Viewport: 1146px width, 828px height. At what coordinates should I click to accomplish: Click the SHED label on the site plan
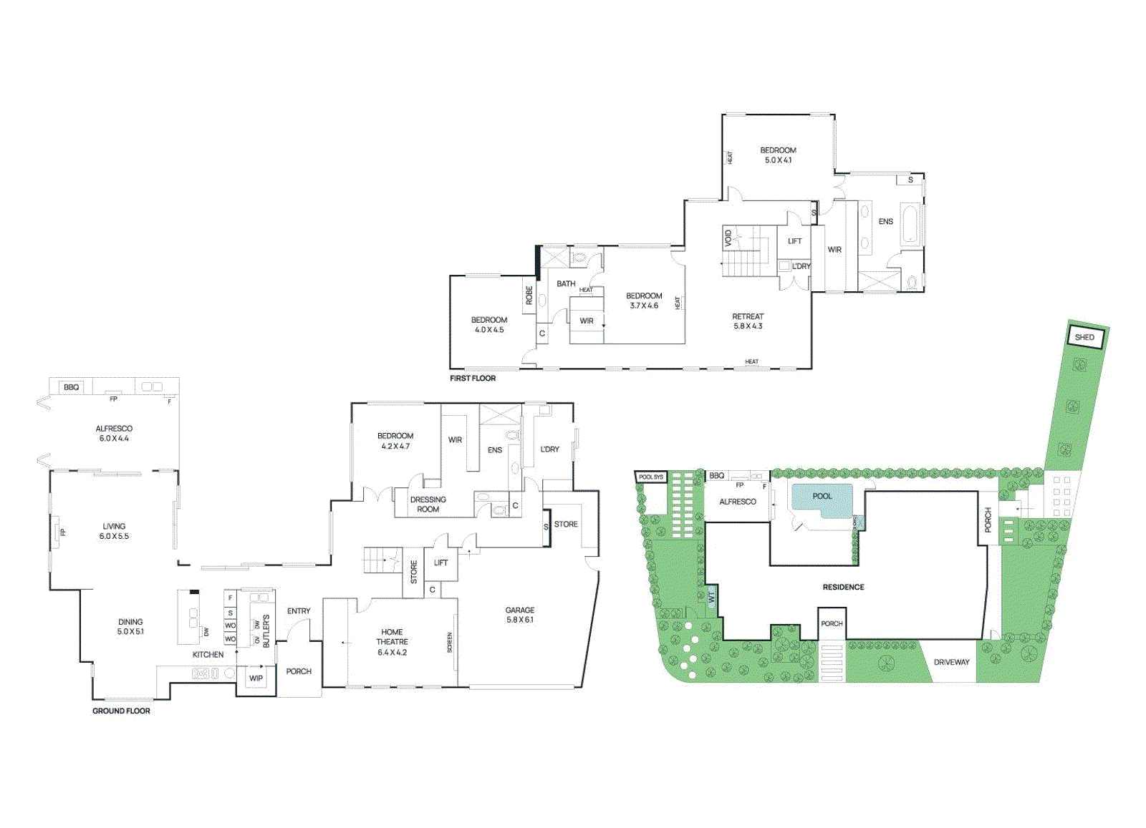tap(1084, 337)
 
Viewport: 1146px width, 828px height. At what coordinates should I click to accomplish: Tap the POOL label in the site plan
tap(822, 496)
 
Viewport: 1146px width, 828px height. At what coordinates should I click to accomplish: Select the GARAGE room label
tap(519, 610)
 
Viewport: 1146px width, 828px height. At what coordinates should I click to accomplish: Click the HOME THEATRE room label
tap(392, 637)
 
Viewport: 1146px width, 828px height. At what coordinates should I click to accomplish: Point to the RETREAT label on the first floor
tap(747, 316)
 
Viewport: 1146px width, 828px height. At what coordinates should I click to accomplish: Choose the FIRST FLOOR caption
tap(472, 378)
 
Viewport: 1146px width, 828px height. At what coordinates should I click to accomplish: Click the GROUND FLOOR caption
tap(121, 711)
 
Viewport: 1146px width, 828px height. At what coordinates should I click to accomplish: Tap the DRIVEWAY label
tap(951, 662)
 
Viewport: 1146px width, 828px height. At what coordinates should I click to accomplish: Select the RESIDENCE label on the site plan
tap(843, 587)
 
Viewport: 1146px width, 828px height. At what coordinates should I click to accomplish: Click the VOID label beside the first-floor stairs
tap(728, 237)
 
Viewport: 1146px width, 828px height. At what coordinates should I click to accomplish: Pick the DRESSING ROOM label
tap(428, 505)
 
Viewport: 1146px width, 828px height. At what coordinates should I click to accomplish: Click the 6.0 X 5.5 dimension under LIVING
tap(114, 536)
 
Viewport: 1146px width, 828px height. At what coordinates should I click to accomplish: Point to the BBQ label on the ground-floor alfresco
tap(71, 387)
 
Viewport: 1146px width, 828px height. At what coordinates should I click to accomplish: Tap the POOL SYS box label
tap(650, 477)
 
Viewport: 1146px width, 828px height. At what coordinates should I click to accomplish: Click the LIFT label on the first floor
tap(794, 241)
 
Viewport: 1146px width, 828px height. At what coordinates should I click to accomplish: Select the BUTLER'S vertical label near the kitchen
tap(266, 630)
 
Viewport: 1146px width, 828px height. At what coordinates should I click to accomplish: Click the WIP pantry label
tap(256, 678)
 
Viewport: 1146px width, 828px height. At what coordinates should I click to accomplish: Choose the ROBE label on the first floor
tap(529, 295)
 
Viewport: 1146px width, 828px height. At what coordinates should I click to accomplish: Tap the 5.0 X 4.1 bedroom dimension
tap(778, 160)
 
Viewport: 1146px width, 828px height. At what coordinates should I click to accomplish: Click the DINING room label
tap(130, 622)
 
